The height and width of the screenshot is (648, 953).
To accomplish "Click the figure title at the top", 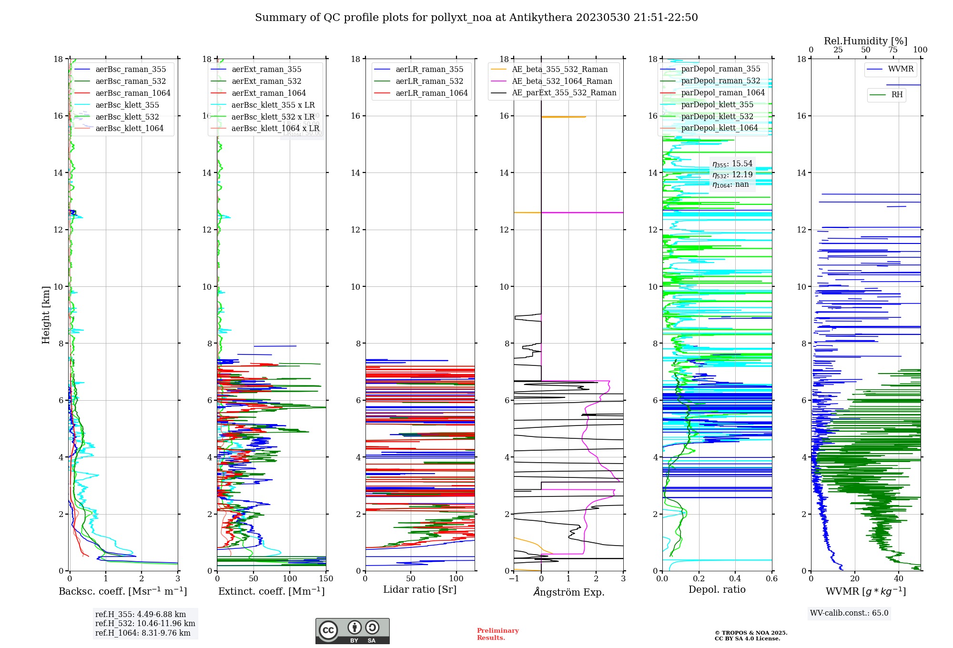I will [x=476, y=18].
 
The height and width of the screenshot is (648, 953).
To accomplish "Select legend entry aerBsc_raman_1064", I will [x=132, y=93].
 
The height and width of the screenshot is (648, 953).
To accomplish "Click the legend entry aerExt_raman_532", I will [x=266, y=81].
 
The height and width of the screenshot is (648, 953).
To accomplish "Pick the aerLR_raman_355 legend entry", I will [x=429, y=70].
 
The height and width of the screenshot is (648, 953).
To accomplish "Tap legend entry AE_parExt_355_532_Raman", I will [x=564, y=93].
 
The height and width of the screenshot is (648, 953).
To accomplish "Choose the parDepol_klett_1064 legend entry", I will [x=719, y=128].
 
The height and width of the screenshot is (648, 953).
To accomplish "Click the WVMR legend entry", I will [x=900, y=70].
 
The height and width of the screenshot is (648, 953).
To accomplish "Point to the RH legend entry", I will [x=896, y=95].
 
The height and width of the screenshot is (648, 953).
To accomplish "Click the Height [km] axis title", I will [x=46, y=315].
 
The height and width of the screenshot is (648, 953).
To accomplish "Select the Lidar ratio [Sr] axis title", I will [x=419, y=590].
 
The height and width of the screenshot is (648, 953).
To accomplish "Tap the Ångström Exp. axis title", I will [x=568, y=592].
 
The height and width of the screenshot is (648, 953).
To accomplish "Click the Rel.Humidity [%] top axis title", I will [x=865, y=41].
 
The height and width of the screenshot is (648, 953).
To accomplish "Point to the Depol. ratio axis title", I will [x=717, y=590].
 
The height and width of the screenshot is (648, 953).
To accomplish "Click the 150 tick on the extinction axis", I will [x=326, y=579].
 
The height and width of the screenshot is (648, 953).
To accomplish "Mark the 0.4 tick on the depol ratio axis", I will [x=735, y=579].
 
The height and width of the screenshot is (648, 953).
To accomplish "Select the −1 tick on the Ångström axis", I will [x=514, y=579].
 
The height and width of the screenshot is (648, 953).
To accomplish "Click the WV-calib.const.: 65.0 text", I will [x=849, y=613].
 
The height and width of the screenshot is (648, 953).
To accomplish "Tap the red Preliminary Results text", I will [x=497, y=634].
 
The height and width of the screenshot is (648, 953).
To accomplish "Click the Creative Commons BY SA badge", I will [x=352, y=631].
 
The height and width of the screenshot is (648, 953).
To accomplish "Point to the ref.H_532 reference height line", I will [x=145, y=624].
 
